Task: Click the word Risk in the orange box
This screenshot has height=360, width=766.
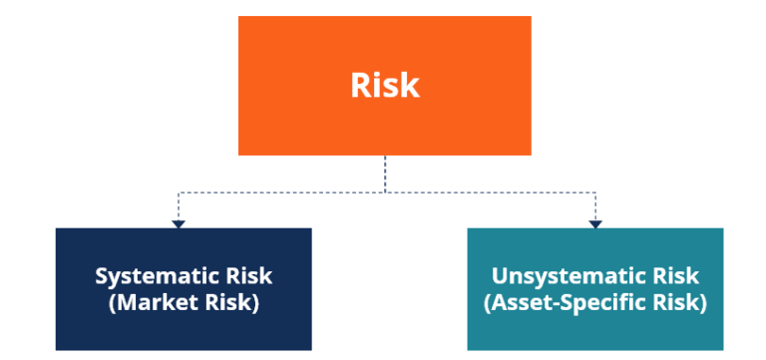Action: pyautogui.click(x=385, y=85)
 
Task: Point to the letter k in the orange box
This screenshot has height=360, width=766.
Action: pyautogui.click(x=410, y=85)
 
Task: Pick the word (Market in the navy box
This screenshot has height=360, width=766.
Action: pyautogui.click(x=148, y=303)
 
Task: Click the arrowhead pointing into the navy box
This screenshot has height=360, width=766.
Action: pyautogui.click(x=179, y=223)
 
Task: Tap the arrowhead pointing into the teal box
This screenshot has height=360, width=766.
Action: pyautogui.click(x=595, y=223)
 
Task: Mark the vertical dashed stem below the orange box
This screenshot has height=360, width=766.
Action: pyautogui.click(x=385, y=173)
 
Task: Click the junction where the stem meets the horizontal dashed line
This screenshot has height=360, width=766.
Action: pyautogui.click(x=385, y=190)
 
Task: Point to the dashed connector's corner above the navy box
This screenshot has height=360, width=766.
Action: pyautogui.click(x=179, y=190)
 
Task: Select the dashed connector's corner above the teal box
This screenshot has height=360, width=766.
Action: pyautogui.click(x=595, y=190)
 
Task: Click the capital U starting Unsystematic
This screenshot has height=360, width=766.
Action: pyautogui.click(x=499, y=276)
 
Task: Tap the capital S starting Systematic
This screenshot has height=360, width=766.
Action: pyautogui.click(x=102, y=276)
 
